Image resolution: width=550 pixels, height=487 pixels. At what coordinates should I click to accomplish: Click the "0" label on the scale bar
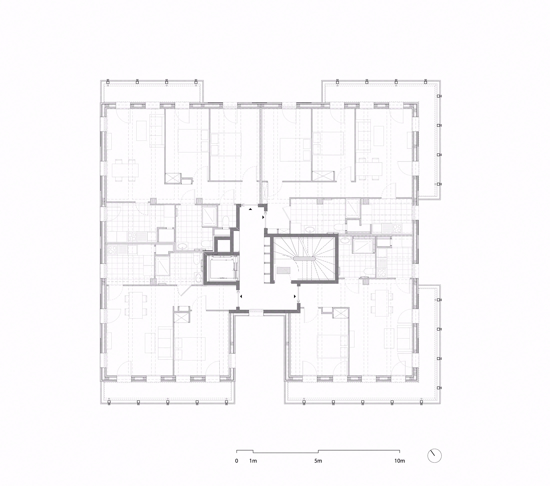236,461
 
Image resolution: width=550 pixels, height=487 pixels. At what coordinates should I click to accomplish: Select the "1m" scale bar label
253,461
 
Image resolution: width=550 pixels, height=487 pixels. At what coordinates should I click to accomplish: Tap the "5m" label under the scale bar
318,461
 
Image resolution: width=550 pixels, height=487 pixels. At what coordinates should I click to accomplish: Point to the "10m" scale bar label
399,461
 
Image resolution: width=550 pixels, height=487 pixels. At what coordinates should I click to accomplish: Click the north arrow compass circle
434,456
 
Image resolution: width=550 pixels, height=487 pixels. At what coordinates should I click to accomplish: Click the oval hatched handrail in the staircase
304,258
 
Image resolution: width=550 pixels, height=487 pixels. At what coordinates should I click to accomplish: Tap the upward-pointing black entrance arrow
250,209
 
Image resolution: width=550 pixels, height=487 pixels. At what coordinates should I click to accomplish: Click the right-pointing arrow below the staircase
295,296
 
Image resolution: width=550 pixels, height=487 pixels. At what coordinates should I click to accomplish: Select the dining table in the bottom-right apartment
380,303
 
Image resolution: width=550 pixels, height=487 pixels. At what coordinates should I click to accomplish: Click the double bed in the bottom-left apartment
190,349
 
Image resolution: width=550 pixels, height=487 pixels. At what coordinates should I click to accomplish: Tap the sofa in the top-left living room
157,131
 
